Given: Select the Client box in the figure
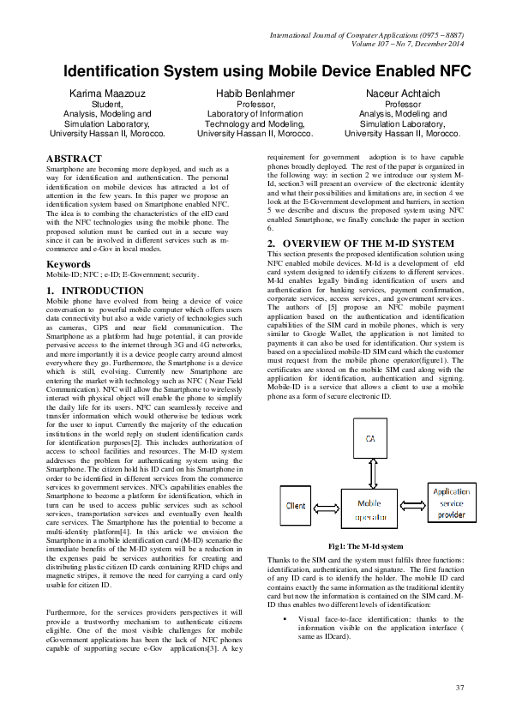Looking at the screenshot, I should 296,506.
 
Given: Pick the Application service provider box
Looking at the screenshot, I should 451,503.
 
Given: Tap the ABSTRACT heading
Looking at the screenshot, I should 74,159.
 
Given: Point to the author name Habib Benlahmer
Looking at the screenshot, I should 255,93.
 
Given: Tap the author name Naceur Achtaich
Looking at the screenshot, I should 402,93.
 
